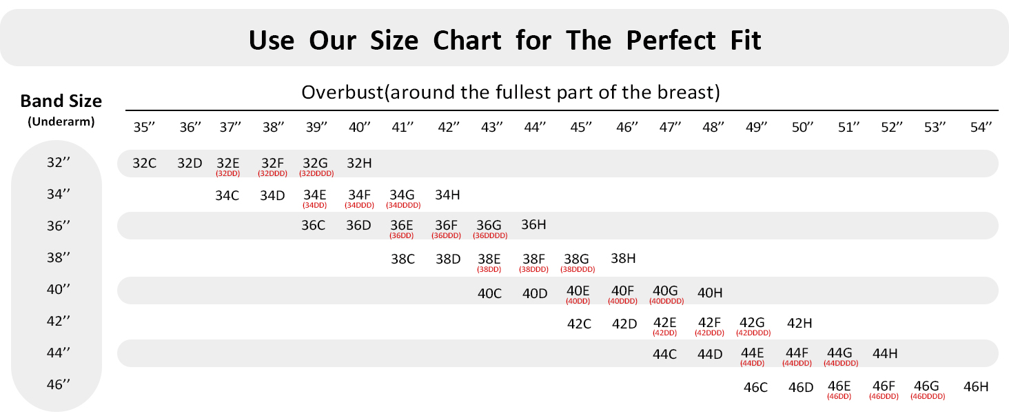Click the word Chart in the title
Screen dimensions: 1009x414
pyautogui.click(x=467, y=40)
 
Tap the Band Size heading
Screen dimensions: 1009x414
pyautogui.click(x=61, y=101)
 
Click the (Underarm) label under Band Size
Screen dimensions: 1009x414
pyautogui.click(x=61, y=121)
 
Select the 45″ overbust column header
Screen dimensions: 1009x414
pyautogui.click(x=580, y=127)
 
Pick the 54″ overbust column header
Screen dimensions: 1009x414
pyautogui.click(x=981, y=127)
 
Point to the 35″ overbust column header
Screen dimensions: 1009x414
pyautogui.click(x=144, y=127)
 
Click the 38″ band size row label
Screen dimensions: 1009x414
pyautogui.click(x=59, y=257)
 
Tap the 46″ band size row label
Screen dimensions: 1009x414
pyautogui.click(x=59, y=385)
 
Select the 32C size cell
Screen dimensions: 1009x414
pyautogui.click(x=144, y=164)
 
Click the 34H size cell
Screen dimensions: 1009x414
pyautogui.click(x=447, y=195)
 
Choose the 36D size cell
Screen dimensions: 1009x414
pyautogui.click(x=358, y=225)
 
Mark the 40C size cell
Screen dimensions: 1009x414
pyautogui.click(x=489, y=293)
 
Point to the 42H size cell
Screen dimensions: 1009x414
pyautogui.click(x=799, y=324)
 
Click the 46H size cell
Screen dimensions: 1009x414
pyautogui.click(x=976, y=386)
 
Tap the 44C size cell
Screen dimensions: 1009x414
pyautogui.click(x=665, y=354)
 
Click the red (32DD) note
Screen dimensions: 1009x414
pyautogui.click(x=228, y=174)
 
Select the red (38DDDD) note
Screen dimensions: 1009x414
pyautogui.click(x=578, y=270)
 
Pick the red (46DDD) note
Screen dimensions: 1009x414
pyautogui.click(x=884, y=397)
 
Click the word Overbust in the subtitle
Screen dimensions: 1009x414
pyautogui.click(x=343, y=92)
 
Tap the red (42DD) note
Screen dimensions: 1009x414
pyautogui.click(x=665, y=333)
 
